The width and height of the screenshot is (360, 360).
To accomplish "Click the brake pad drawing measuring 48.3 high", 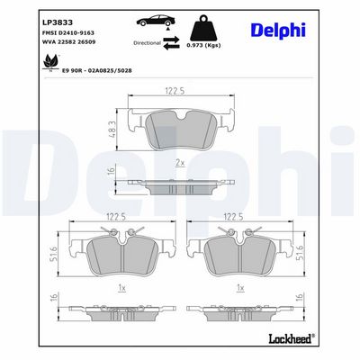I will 180,129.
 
